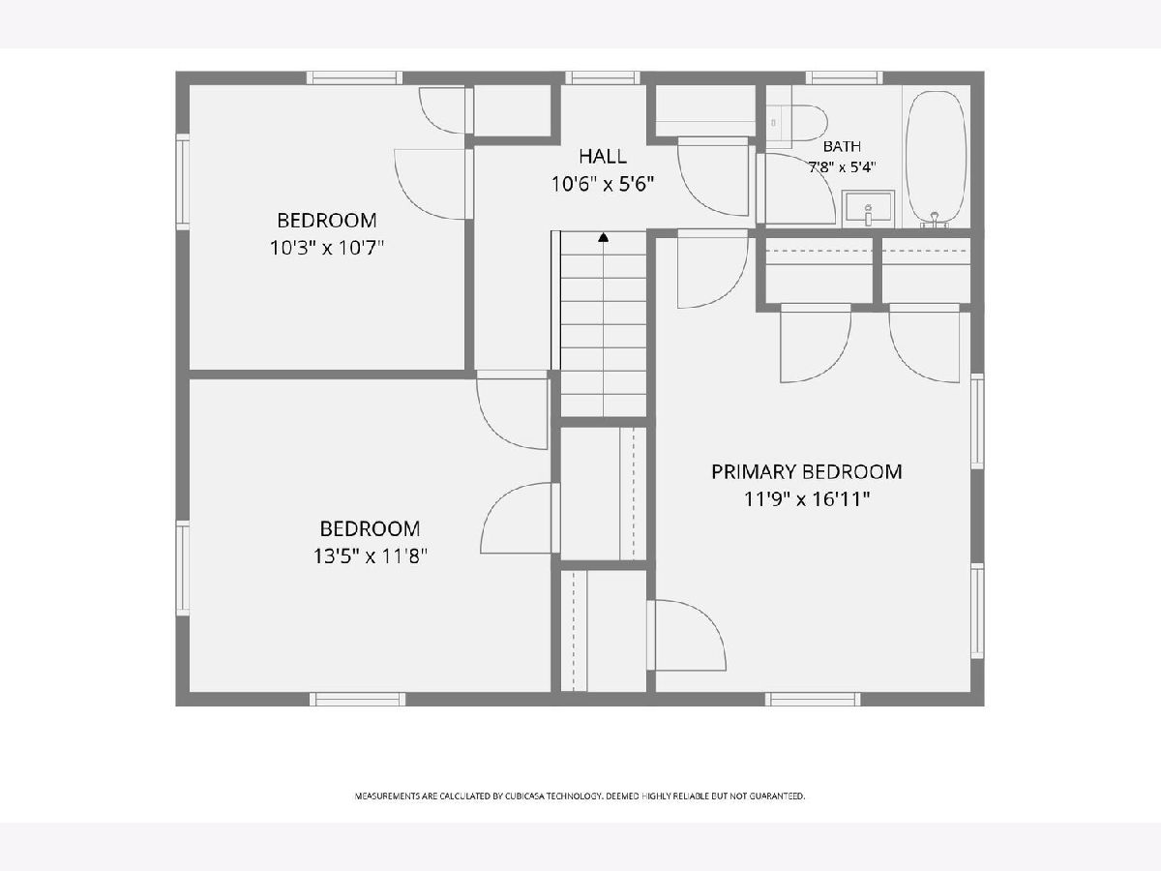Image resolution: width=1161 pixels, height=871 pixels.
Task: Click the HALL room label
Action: click(603, 156)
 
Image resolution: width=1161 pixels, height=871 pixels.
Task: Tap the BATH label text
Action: click(842, 146)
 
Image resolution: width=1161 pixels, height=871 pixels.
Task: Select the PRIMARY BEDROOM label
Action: click(806, 471)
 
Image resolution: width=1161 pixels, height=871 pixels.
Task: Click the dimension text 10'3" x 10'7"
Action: click(327, 248)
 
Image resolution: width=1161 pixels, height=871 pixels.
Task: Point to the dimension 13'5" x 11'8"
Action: click(371, 556)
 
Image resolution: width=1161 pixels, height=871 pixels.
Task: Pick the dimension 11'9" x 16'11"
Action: click(807, 498)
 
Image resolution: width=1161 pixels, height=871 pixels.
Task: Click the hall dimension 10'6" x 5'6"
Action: click(603, 184)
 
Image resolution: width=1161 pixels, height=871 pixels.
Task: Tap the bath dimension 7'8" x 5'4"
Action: click(842, 167)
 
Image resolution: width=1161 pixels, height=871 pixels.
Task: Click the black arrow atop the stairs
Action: click(603, 237)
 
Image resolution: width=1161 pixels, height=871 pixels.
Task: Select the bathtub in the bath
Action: click(937, 157)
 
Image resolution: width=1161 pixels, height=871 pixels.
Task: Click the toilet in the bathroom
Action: click(796, 123)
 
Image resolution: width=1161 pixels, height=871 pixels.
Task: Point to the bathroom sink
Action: click(868, 209)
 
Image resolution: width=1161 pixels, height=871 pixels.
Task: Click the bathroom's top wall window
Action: click(845, 77)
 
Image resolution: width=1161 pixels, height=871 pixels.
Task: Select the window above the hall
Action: click(603, 77)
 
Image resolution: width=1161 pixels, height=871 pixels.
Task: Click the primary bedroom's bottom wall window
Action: click(813, 699)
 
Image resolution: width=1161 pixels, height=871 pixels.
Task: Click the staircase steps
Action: click(603, 324)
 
